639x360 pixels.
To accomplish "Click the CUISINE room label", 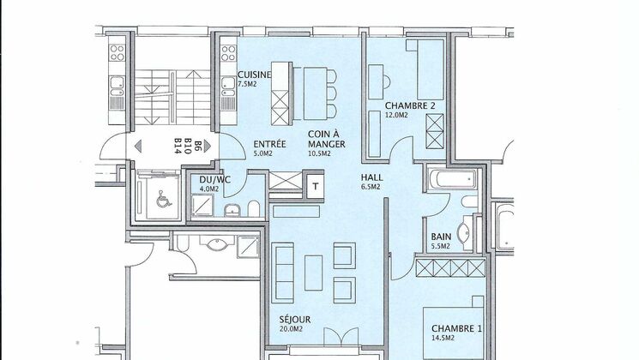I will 255,75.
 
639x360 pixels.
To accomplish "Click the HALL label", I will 372,177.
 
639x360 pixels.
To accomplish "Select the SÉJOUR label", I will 294,320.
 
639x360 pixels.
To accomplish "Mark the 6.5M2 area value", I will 371,187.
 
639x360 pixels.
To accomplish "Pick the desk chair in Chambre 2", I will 381,83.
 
